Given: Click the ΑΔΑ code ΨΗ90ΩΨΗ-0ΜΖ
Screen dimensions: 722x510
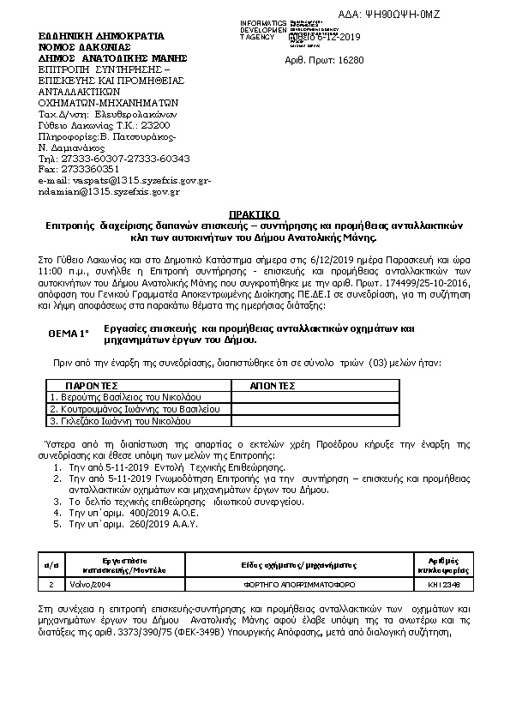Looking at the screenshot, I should point(453,16).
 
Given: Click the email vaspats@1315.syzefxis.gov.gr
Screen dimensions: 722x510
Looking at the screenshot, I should point(124,181).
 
